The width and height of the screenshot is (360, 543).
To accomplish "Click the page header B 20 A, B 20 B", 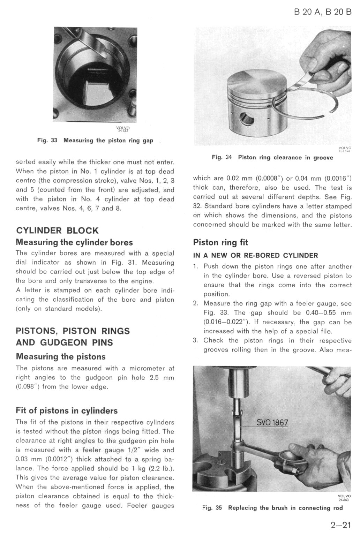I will click(x=323, y=12).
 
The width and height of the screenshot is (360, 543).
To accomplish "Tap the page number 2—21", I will click(x=340, y=525).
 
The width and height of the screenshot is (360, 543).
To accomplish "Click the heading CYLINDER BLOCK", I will click(x=57, y=231).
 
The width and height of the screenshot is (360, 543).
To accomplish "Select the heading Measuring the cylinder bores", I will click(x=74, y=242).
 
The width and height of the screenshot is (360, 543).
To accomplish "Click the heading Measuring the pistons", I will click(x=61, y=356).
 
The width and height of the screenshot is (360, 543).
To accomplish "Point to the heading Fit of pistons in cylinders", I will click(x=67, y=410).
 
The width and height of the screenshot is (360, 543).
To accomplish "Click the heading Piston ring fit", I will click(x=220, y=242).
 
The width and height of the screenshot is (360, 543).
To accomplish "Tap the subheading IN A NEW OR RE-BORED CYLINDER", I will click(x=256, y=255).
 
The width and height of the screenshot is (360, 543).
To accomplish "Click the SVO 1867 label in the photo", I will click(x=272, y=423).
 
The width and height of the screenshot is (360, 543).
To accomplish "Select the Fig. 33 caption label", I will click(x=47, y=141).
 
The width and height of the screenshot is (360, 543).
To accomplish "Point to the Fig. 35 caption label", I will click(x=212, y=508).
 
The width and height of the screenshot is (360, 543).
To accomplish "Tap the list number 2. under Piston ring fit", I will click(x=196, y=303).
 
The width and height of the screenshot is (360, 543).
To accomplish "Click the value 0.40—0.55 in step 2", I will click(x=319, y=312).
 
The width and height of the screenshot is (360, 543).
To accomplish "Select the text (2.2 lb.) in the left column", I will click(x=160, y=468).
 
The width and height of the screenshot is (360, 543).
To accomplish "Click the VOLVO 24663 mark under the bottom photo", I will click(x=344, y=498).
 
